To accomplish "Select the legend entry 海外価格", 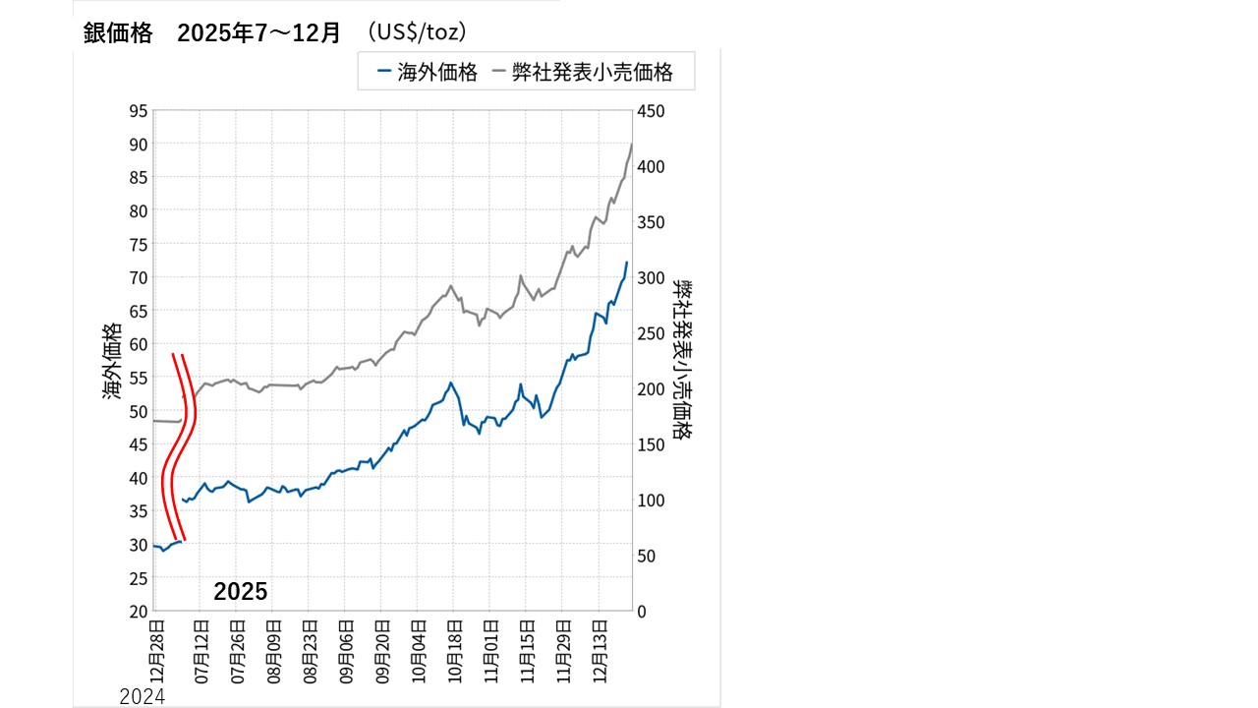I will (429, 73).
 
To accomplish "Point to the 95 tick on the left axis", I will (138, 111).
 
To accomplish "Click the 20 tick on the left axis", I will (138, 611).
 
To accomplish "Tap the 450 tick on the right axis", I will (652, 111).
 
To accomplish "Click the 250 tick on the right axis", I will (652, 333).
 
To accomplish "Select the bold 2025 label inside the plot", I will (241, 591).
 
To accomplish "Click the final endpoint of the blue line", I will (627, 262).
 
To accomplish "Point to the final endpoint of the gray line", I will (631, 145).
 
